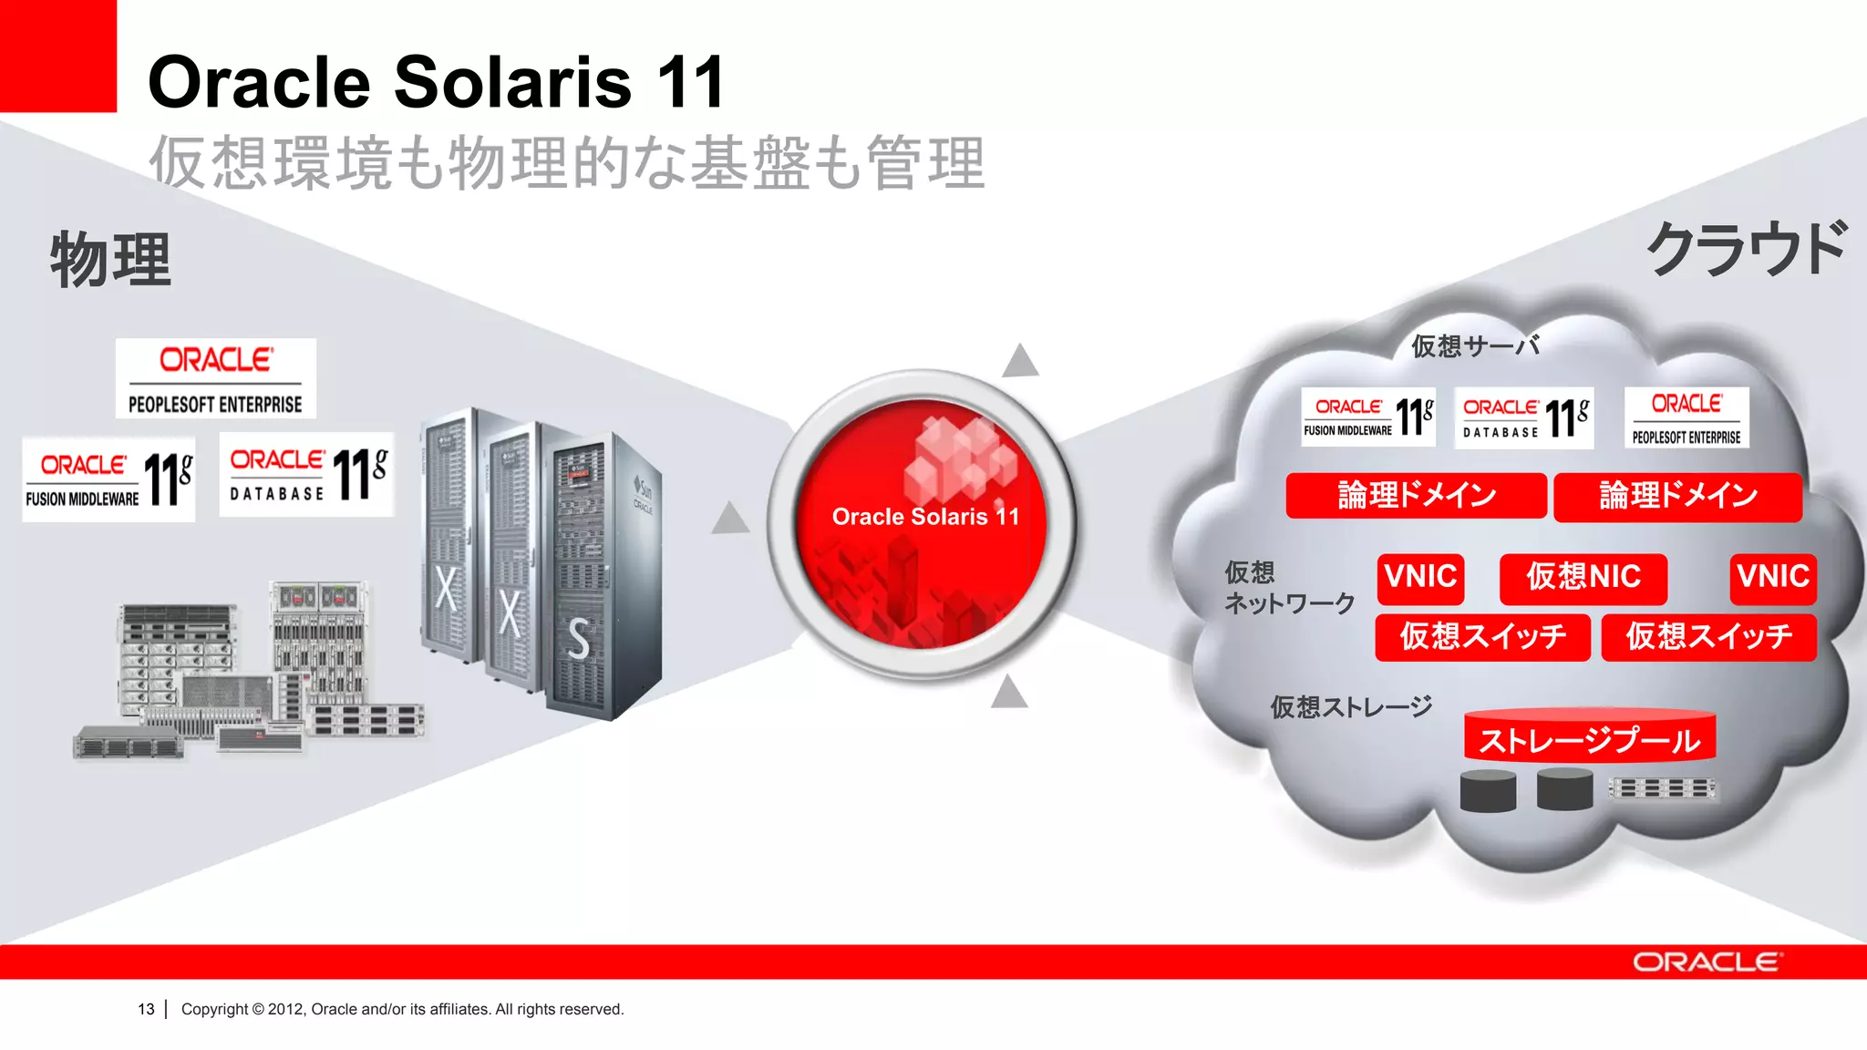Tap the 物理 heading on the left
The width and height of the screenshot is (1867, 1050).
pos(110,260)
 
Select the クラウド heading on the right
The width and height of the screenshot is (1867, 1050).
pos(1746,249)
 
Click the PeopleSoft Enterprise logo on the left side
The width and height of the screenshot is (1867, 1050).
pos(215,379)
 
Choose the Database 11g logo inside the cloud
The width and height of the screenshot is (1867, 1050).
pos(1523,418)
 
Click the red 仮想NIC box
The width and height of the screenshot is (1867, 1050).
pos(1583,578)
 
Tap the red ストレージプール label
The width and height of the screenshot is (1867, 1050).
pos(1589,739)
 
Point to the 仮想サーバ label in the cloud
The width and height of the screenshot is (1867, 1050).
pos(1475,346)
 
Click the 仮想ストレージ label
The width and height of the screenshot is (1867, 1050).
pos(1351,707)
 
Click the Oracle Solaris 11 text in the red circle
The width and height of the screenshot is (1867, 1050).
pos(925,517)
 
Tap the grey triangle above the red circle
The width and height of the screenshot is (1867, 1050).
pos(1020,361)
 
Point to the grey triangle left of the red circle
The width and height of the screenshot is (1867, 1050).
pos(730,519)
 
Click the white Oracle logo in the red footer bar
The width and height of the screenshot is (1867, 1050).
pos(1706,962)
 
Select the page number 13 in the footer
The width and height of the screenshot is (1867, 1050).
pos(146,1009)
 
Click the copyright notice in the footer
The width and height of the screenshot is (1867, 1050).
pos(402,1009)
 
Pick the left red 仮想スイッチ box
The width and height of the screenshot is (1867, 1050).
pos(1482,636)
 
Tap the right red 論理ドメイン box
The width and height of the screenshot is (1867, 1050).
pos(1677,497)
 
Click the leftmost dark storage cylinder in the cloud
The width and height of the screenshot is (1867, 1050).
pos(1488,790)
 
